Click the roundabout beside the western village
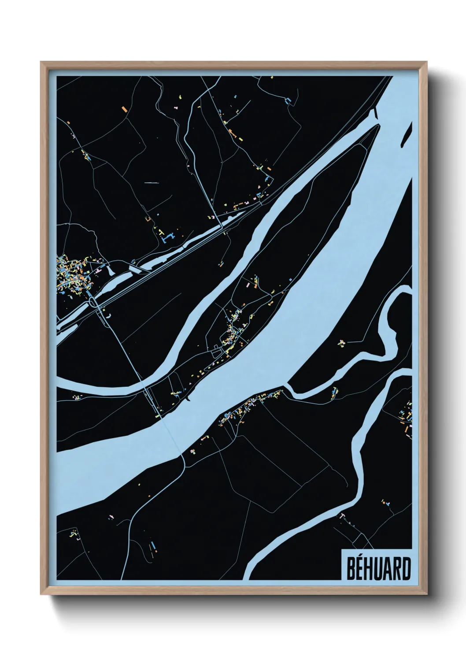point(93,302)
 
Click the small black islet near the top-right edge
point(407,134)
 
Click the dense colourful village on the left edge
point(70,275)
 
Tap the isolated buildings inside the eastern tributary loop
point(341,342)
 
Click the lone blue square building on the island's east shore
point(290,279)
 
